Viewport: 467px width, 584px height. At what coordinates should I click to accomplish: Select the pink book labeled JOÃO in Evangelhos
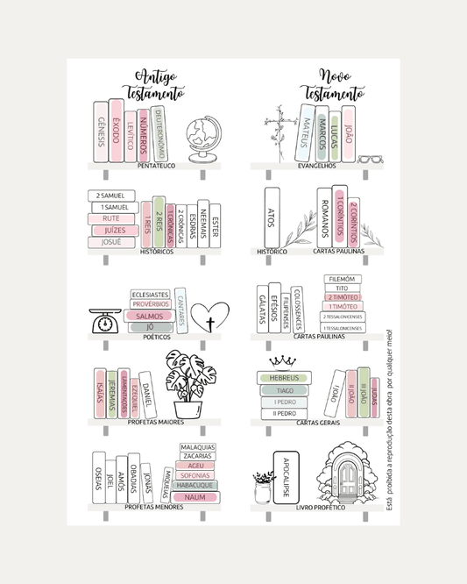pos(349,133)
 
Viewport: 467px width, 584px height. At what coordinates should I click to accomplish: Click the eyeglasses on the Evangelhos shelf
pos(371,159)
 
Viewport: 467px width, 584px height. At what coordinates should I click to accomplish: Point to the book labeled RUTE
pos(111,218)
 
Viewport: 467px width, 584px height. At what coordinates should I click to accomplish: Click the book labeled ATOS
pos(272,216)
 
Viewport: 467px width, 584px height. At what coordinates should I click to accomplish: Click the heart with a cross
pos(209,320)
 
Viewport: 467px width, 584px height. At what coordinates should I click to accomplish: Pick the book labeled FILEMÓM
pos(342,279)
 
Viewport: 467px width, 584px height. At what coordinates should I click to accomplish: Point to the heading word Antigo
pos(154,77)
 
